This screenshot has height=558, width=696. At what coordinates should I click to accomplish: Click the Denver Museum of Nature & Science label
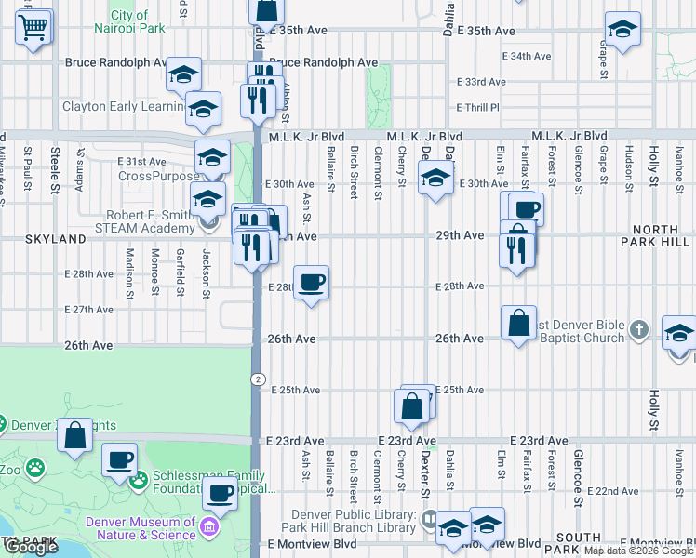click(x=141, y=527)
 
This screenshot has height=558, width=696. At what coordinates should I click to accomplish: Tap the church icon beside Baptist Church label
click(x=638, y=330)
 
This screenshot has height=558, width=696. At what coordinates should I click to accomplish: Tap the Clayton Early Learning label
click(x=123, y=106)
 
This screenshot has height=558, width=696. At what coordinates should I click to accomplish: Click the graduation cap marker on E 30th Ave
click(x=435, y=179)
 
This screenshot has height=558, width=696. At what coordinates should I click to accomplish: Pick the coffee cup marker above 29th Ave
click(x=527, y=209)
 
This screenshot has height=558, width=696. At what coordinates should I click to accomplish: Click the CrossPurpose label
click(x=158, y=176)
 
